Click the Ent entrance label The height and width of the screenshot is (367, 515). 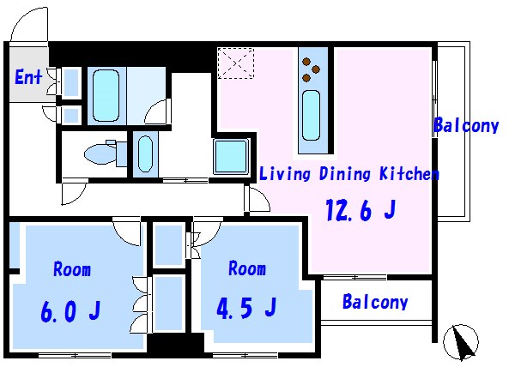28,77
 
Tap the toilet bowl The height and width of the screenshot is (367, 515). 100,153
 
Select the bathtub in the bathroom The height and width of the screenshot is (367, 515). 106,95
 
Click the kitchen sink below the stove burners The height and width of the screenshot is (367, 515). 311,115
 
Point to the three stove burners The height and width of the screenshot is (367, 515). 311,69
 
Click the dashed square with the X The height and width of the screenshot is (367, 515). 236,63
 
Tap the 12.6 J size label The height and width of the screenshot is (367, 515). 360,209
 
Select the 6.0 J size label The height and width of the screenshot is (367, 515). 70,310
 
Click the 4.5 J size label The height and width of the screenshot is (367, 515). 246,308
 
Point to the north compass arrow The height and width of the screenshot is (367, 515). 463,343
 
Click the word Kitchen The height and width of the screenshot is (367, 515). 409,173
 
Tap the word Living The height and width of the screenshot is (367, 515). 285,173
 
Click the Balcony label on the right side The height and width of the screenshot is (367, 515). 466,125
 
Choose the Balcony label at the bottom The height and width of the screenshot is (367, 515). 375,302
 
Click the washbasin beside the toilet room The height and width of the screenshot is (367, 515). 145,153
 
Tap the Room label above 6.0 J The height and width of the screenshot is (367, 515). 72,269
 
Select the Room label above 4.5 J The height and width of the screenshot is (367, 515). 247,268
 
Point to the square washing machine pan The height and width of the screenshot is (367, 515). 232,157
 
